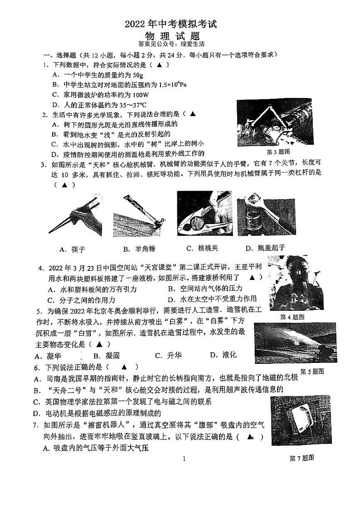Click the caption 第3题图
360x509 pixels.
[x=278, y=152]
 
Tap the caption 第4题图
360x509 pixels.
[x=292, y=317]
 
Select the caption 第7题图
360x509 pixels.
[x=302, y=458]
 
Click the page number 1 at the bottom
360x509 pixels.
[x=184, y=459]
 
